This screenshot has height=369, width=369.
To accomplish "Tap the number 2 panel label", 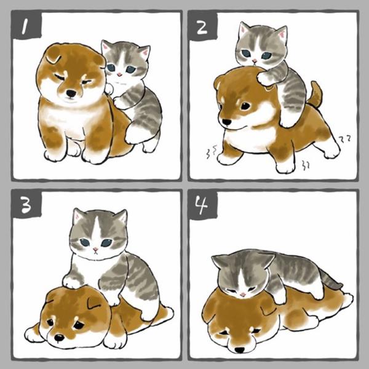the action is tap(202, 28).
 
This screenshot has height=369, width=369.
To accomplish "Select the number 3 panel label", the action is tap(26, 205).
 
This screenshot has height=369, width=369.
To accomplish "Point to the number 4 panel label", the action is tap(202, 205).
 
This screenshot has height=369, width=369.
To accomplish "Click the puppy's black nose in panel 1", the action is tap(71, 93).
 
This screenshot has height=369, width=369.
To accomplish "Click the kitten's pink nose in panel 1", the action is tap(119, 74).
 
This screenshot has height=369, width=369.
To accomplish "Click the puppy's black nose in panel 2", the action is tap(226, 122).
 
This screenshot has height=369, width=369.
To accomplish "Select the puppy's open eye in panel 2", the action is tap(245, 106).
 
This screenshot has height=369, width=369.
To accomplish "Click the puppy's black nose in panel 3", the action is tap(59, 338).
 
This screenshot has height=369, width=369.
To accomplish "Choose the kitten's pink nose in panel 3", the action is tap(95, 250).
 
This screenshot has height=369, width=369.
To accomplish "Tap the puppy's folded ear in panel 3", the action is tap(95, 303).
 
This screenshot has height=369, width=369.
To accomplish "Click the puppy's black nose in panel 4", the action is tap(240, 350).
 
